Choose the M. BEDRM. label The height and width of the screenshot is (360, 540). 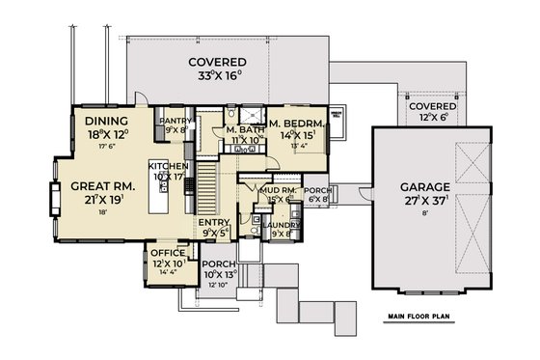tap(299, 124)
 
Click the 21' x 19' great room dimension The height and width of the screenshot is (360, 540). tap(95, 203)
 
